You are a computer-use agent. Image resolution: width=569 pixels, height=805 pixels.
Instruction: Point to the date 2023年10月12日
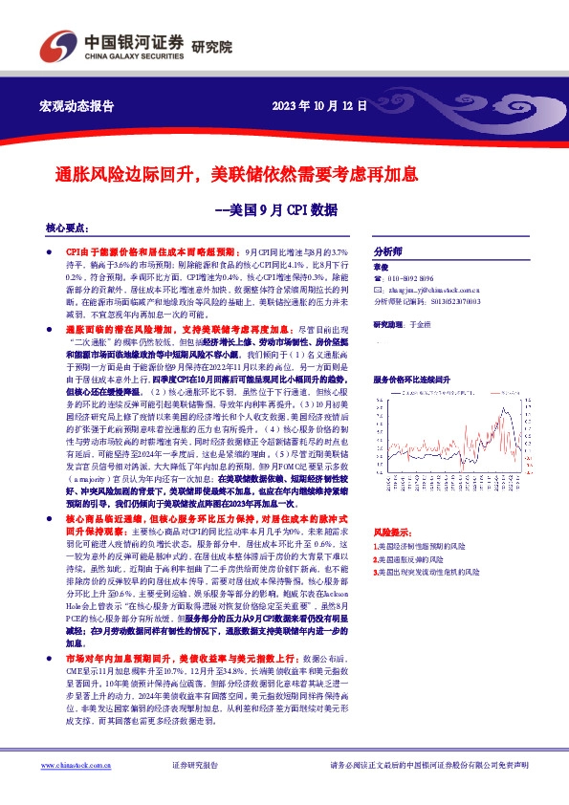pos(319,105)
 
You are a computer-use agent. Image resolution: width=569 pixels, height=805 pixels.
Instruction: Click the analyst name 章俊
pos(381,267)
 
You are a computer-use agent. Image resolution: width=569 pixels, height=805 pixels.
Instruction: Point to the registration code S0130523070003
pos(447,300)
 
